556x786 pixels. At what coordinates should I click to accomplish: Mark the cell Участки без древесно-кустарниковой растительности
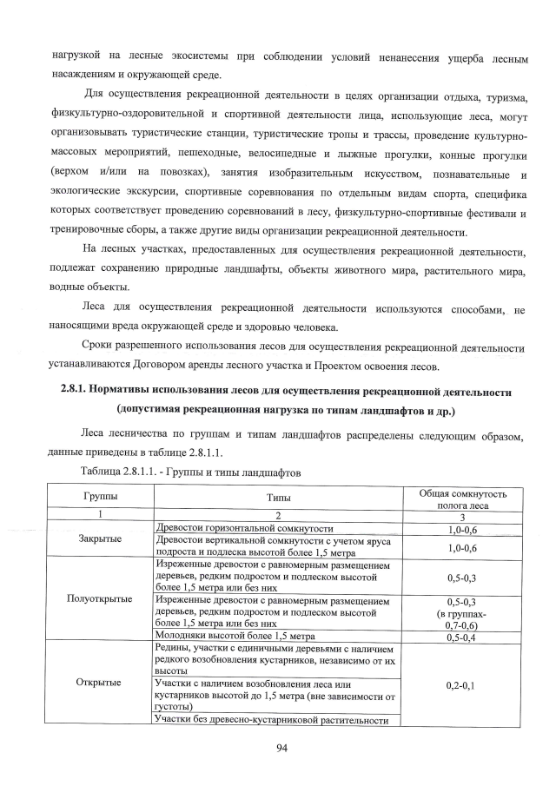coord(268,719)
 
